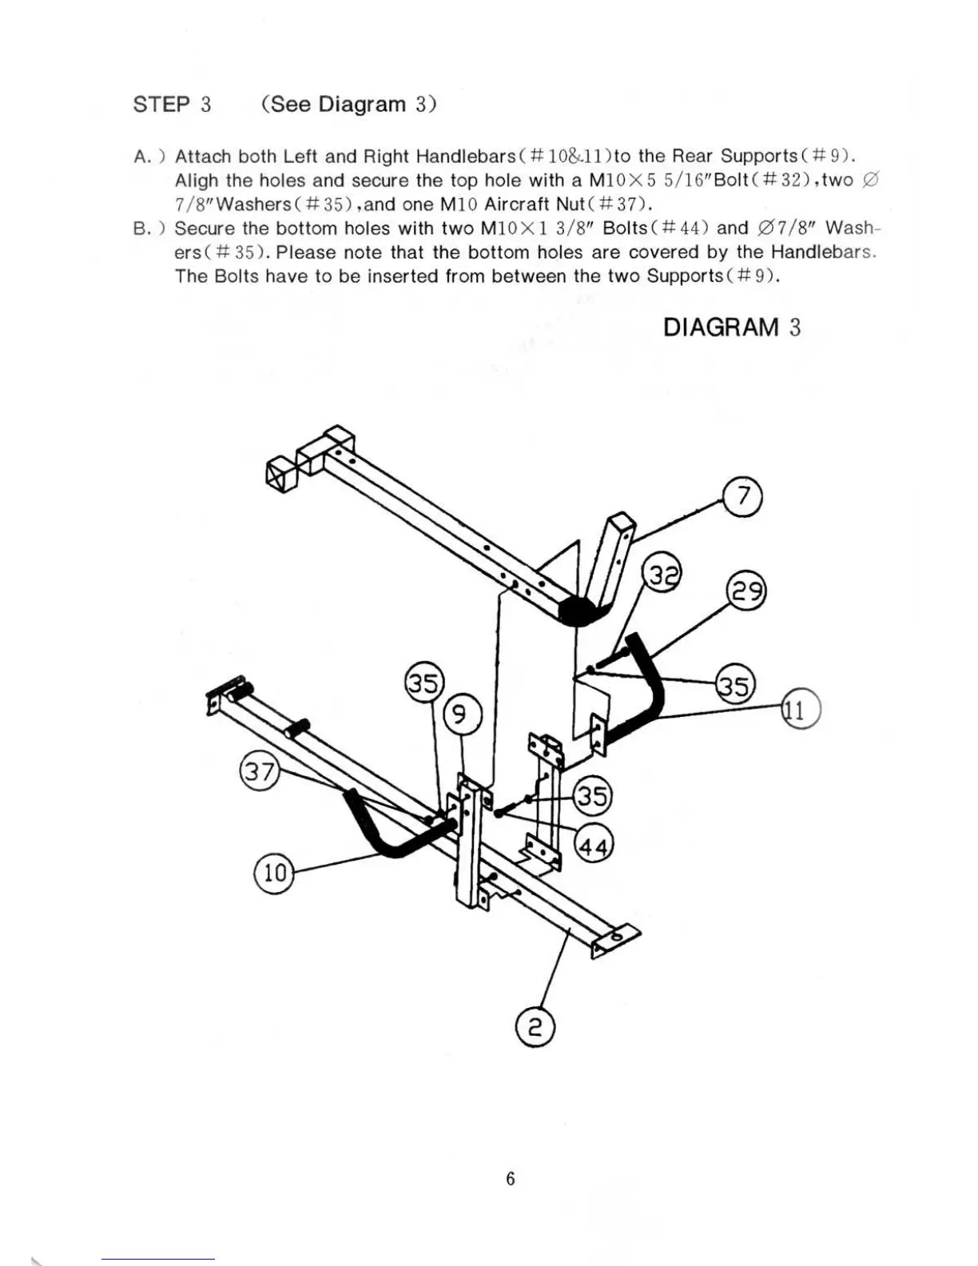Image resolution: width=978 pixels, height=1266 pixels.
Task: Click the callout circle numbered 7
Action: point(742,497)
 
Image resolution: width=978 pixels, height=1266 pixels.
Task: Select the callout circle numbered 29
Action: point(745,592)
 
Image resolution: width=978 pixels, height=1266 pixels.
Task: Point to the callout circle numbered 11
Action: point(801,709)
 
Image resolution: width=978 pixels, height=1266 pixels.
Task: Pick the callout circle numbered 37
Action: point(259,773)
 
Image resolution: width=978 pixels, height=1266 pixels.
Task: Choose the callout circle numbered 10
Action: point(274,873)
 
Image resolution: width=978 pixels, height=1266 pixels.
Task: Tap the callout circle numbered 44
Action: point(593,843)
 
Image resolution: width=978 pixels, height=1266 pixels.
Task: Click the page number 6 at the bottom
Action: point(511,1179)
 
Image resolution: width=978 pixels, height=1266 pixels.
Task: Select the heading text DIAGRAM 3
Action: point(731,328)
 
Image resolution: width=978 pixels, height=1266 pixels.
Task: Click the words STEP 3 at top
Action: point(172,105)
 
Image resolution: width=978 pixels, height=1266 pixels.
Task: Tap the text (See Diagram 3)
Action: point(348,105)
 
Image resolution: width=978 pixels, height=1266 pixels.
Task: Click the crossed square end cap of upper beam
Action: point(280,476)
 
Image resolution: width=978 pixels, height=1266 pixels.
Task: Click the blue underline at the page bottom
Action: point(158,1260)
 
